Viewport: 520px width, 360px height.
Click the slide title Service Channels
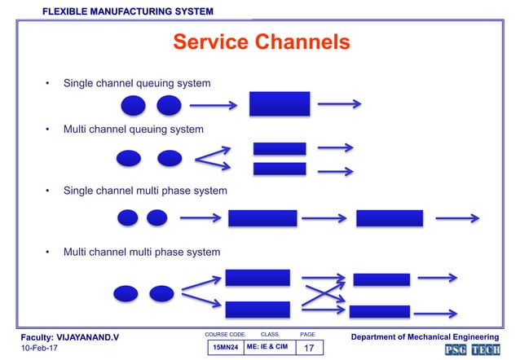click(x=262, y=42)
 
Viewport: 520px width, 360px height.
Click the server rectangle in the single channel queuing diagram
click(x=280, y=104)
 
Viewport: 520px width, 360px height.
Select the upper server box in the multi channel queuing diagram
click(x=280, y=148)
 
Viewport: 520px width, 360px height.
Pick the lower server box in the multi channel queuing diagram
click(x=280, y=169)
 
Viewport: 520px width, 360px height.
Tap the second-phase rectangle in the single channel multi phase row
click(x=390, y=217)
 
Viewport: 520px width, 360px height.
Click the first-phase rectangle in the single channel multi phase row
click(x=262, y=217)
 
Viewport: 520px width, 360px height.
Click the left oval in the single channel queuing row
click(x=134, y=105)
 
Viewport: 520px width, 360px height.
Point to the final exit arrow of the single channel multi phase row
click(x=456, y=217)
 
